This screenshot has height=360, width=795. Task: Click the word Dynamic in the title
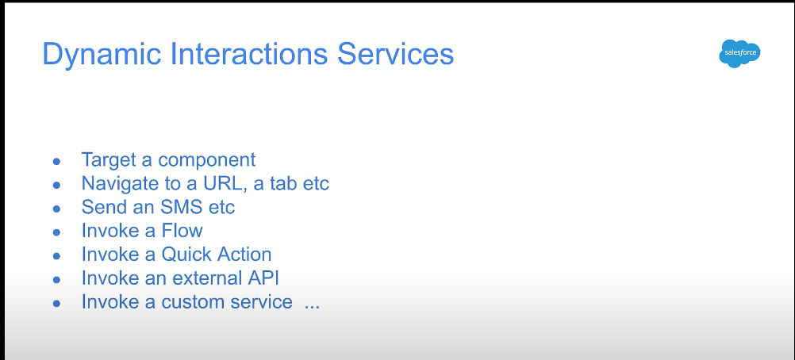[102, 55]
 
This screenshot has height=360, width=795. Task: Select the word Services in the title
[395, 54]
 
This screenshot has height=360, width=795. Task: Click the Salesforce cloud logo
[739, 53]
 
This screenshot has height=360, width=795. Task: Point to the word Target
[109, 159]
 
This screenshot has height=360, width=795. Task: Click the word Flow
[182, 231]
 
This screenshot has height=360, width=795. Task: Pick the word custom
[193, 301]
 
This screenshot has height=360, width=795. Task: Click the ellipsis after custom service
[313, 306]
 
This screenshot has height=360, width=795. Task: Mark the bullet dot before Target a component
[57, 161]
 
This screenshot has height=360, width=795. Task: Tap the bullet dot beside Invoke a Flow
[57, 232]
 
